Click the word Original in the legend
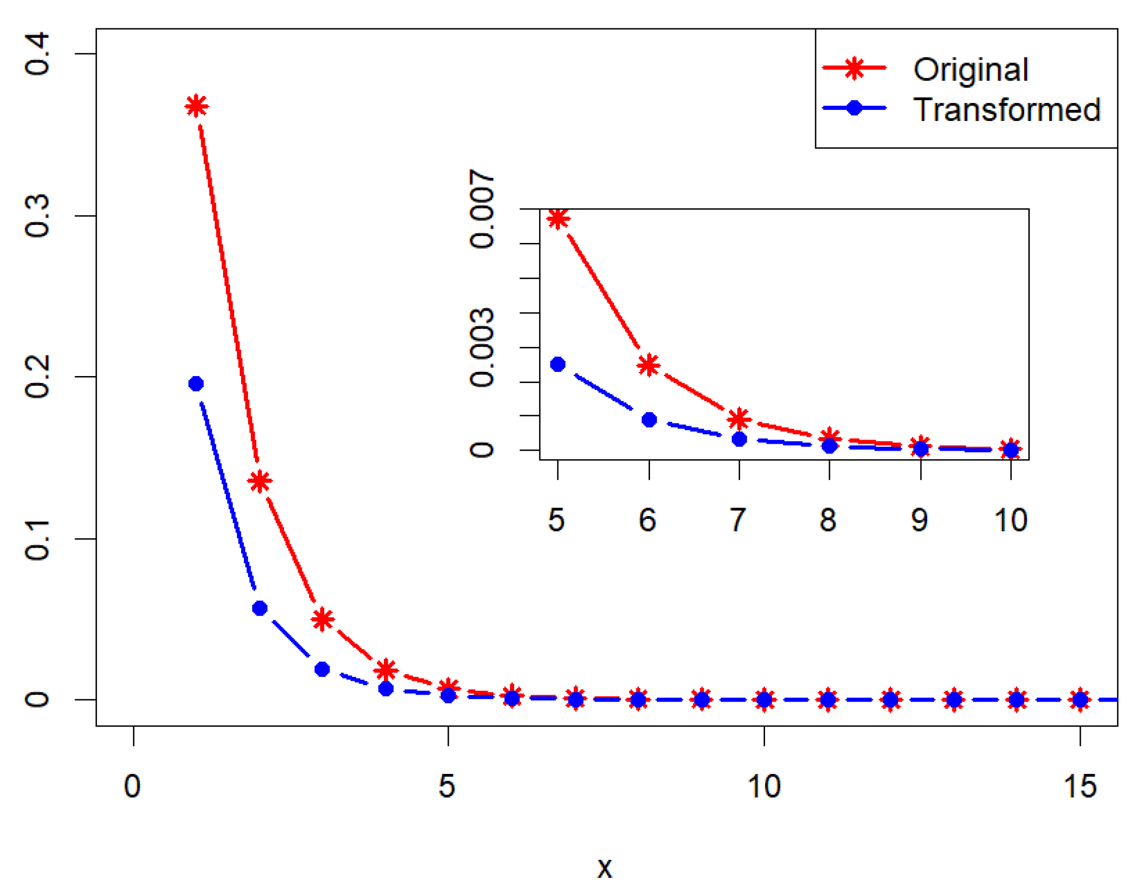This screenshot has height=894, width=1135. point(971,70)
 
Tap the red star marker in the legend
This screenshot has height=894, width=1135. point(854,68)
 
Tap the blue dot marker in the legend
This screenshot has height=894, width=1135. point(854,109)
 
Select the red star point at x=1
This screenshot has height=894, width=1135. point(196,107)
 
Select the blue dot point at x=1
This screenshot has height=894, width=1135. point(196,383)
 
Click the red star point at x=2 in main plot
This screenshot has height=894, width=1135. point(260,481)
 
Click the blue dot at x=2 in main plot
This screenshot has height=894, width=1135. point(260,608)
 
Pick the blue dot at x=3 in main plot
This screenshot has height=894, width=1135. point(322,669)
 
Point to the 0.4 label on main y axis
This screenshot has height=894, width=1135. point(38,54)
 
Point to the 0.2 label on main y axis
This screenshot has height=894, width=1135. point(38,377)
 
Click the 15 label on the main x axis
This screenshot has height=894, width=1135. point(1079,786)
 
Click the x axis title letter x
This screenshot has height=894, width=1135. point(605,868)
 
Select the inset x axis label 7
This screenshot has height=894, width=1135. point(738,520)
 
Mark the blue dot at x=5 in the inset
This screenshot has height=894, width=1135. point(558,364)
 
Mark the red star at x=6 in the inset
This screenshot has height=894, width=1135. point(649,365)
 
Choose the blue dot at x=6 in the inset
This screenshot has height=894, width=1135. point(649,420)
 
